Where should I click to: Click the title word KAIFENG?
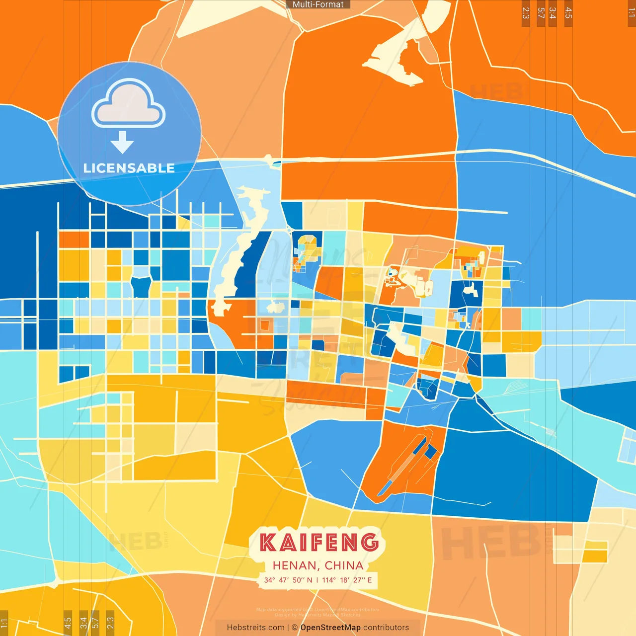click(x=319, y=542)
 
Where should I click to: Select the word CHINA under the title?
click(x=344, y=565)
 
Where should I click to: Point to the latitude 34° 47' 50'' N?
click(x=288, y=580)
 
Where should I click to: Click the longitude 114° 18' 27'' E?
click(x=347, y=580)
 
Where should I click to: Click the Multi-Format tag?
click(x=318, y=4)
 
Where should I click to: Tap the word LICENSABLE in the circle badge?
click(x=129, y=168)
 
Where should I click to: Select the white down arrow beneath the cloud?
click(x=122, y=143)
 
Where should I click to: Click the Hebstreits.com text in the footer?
click(x=255, y=628)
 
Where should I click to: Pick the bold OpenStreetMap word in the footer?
click(x=330, y=628)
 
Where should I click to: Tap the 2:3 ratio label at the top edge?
click(x=526, y=13)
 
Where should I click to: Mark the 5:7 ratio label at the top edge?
click(x=541, y=13)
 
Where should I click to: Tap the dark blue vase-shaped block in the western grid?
click(x=141, y=287)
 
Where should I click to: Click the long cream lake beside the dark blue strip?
click(x=236, y=258)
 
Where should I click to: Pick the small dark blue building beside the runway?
click(x=430, y=452)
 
